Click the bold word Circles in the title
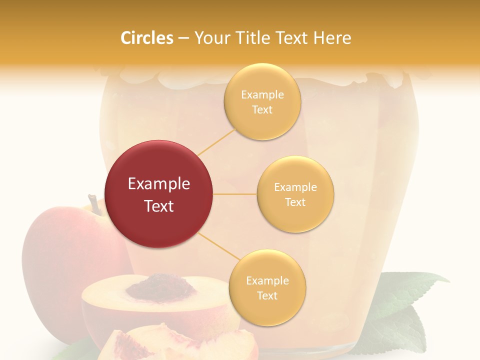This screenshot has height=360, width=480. coord(146,37)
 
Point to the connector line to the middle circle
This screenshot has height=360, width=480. coord(235,194)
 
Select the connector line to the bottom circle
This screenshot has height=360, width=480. coord(216,246)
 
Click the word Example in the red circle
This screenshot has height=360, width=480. coord(159,184)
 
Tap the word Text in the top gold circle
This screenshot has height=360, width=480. coord(262,109)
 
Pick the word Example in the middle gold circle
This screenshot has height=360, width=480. coord(295,187)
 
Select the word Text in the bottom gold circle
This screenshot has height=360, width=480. coord(267,295)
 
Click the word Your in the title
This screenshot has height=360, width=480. coord(211,37)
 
